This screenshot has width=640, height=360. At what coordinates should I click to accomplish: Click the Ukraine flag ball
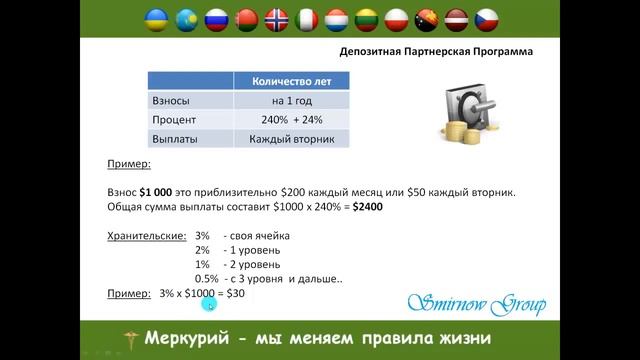click(x=157, y=19)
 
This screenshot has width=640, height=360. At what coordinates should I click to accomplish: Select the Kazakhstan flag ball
click(x=187, y=19)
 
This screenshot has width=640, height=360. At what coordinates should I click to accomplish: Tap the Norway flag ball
click(x=278, y=19)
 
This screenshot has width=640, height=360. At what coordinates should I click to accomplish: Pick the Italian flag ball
click(x=308, y=19)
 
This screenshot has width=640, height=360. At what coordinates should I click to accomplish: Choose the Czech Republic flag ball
click(x=489, y=19)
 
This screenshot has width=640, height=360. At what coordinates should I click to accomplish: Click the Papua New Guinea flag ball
click(x=429, y=19)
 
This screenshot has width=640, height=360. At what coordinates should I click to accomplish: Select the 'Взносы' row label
click(x=170, y=101)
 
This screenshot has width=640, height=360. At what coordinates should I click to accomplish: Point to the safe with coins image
click(x=474, y=112)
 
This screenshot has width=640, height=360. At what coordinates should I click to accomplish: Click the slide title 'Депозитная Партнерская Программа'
click(x=431, y=51)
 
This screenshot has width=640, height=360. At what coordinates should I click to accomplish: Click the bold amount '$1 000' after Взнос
click(x=161, y=191)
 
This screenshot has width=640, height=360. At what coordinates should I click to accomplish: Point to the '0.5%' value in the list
click(x=207, y=279)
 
